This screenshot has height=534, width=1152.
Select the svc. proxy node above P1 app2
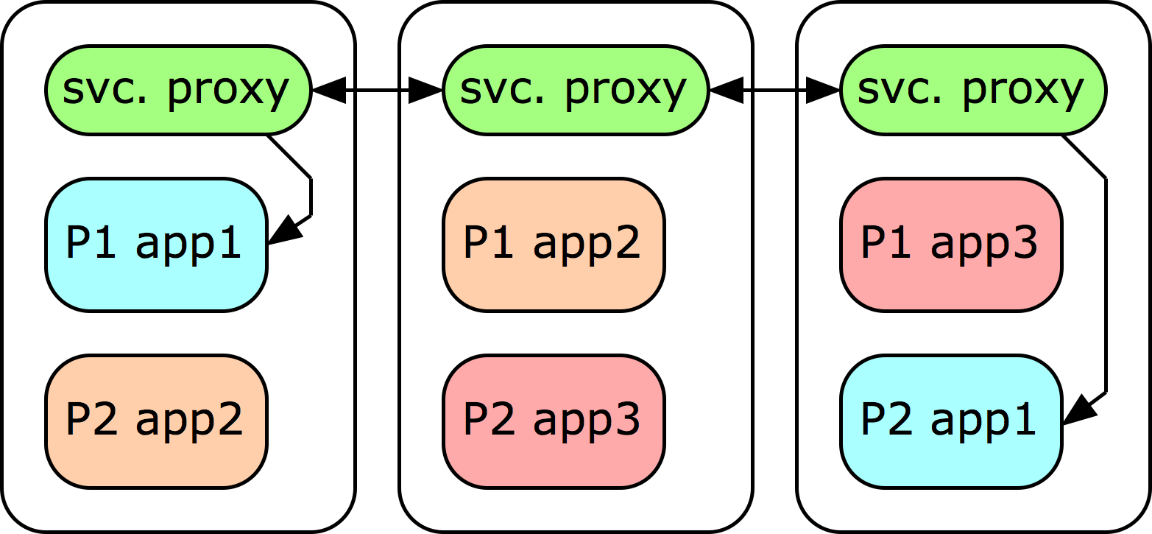coord(575,91)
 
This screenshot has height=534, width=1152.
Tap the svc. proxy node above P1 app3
coord(972,91)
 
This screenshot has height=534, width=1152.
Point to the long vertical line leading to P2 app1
coord(1106,287)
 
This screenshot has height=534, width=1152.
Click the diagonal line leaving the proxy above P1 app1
coord(289,157)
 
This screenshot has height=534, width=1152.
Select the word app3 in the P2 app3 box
coord(587,421)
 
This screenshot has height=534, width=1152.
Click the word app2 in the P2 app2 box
coord(189,421)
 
